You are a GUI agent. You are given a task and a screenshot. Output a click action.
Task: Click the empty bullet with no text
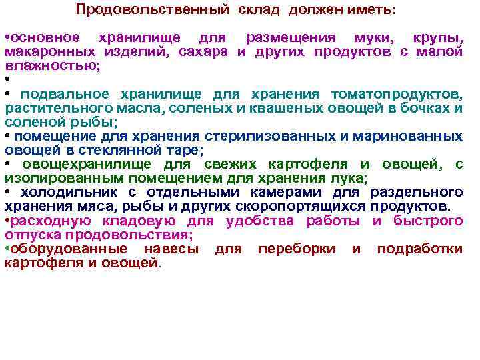[7, 80]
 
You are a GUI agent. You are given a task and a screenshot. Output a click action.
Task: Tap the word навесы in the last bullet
[171, 249]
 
